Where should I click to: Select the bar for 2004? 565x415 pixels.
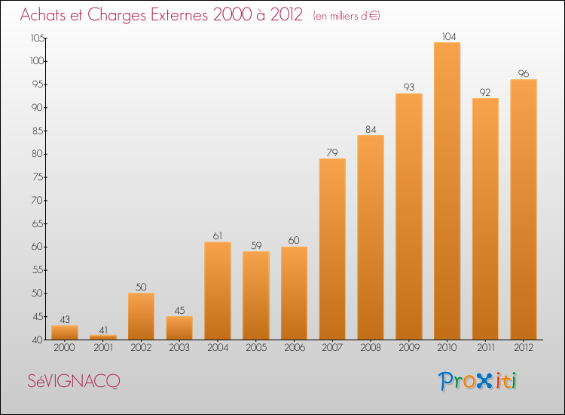tap(218, 290)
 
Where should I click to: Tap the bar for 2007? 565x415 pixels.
tap(332, 249)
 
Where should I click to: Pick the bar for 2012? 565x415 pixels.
tap(524, 210)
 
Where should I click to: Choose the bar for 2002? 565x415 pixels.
tap(141, 316)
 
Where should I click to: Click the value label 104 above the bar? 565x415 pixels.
tap(447, 36)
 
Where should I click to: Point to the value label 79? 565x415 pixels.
tap(332, 152)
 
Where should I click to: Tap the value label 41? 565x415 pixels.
tap(102, 329)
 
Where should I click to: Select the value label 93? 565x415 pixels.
tap(409, 88)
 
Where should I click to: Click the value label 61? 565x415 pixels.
tap(218, 236)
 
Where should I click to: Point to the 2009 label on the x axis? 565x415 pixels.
tap(409, 349)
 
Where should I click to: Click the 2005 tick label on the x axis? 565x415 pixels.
tap(255, 349)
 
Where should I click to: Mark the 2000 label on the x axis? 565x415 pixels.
tap(64, 349)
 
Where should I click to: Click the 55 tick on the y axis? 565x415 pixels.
tap(37, 270)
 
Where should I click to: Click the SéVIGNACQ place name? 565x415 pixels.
tap(73, 382)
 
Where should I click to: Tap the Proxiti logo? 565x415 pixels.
tap(478, 381)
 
